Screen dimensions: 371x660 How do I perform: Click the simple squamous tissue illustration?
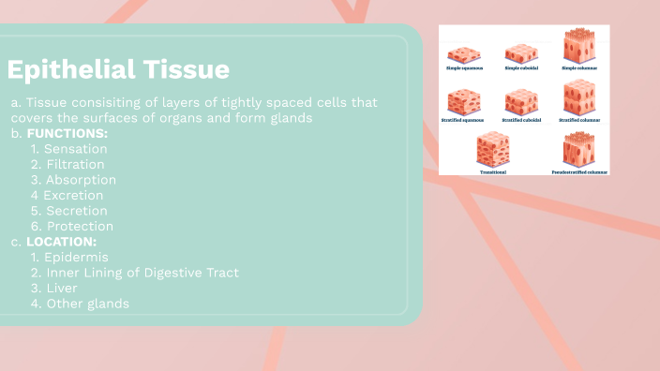tap(464, 54)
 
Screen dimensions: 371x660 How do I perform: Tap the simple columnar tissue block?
tap(577, 46)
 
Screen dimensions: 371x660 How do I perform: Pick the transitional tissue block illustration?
tap(492, 149)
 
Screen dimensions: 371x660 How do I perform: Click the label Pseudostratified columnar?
tap(578, 172)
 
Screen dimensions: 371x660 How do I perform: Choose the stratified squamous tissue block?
tap(464, 100)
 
